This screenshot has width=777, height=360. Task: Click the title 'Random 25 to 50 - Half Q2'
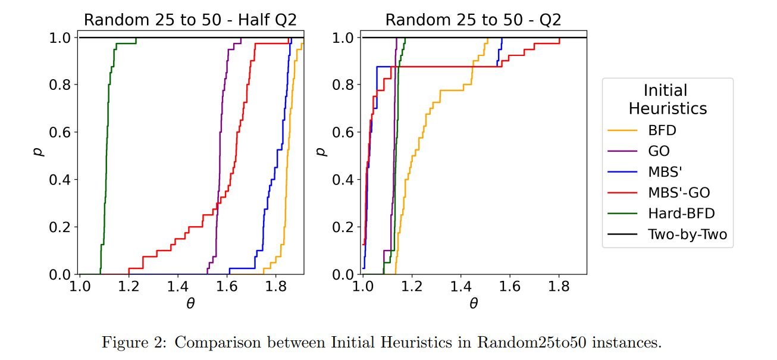click(x=190, y=20)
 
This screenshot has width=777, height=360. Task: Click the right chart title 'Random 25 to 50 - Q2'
click(x=474, y=20)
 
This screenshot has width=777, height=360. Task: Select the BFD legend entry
click(x=662, y=130)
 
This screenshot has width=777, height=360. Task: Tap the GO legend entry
click(x=659, y=151)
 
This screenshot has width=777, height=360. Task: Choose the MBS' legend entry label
click(x=665, y=172)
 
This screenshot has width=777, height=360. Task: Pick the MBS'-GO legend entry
click(x=678, y=193)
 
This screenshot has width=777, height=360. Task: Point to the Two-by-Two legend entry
click(x=687, y=234)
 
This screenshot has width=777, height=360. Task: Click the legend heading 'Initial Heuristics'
click(x=667, y=99)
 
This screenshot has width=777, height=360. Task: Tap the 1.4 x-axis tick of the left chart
click(x=177, y=286)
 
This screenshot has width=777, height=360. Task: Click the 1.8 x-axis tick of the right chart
click(x=559, y=286)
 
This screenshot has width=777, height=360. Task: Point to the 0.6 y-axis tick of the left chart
click(x=60, y=132)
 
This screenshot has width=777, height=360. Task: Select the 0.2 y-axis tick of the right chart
click(x=343, y=227)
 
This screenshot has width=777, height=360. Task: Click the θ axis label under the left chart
click(x=190, y=303)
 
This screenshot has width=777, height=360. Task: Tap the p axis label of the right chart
click(x=322, y=151)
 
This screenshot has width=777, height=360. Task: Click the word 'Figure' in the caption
click(x=123, y=343)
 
